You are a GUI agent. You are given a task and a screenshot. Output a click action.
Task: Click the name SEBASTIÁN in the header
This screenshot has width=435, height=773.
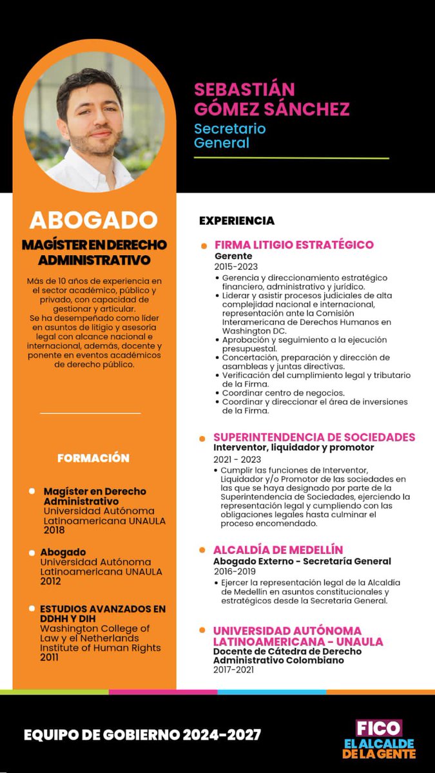(244, 89)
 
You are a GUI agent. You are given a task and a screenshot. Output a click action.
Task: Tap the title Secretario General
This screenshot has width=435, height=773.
(230, 135)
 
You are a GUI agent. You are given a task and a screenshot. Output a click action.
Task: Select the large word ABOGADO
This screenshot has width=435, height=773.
(93, 220)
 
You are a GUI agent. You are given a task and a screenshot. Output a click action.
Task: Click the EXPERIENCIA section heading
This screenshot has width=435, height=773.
(237, 221)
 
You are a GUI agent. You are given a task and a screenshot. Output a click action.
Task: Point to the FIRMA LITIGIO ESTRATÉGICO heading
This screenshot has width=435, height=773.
(294, 245)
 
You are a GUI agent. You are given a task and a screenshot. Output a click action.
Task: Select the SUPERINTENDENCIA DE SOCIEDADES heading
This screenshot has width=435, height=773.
(314, 437)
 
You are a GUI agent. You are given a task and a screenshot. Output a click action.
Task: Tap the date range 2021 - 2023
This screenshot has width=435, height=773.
(237, 459)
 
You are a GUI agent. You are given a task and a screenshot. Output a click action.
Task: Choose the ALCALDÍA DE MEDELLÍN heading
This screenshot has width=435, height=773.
(278, 550)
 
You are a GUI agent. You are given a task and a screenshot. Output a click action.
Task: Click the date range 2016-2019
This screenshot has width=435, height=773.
(235, 571)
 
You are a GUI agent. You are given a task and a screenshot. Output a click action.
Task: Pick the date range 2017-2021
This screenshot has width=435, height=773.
(233, 670)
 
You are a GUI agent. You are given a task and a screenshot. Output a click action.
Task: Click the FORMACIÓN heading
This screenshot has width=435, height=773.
(93, 458)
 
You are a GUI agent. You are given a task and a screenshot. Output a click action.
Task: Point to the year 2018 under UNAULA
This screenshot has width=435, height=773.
(55, 530)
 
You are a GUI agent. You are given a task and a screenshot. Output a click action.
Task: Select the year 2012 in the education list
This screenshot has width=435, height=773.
(51, 581)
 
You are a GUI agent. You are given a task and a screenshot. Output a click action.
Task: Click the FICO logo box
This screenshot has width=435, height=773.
(380, 729)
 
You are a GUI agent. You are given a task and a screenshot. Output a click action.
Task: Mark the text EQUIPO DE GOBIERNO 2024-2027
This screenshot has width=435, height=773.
(142, 735)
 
